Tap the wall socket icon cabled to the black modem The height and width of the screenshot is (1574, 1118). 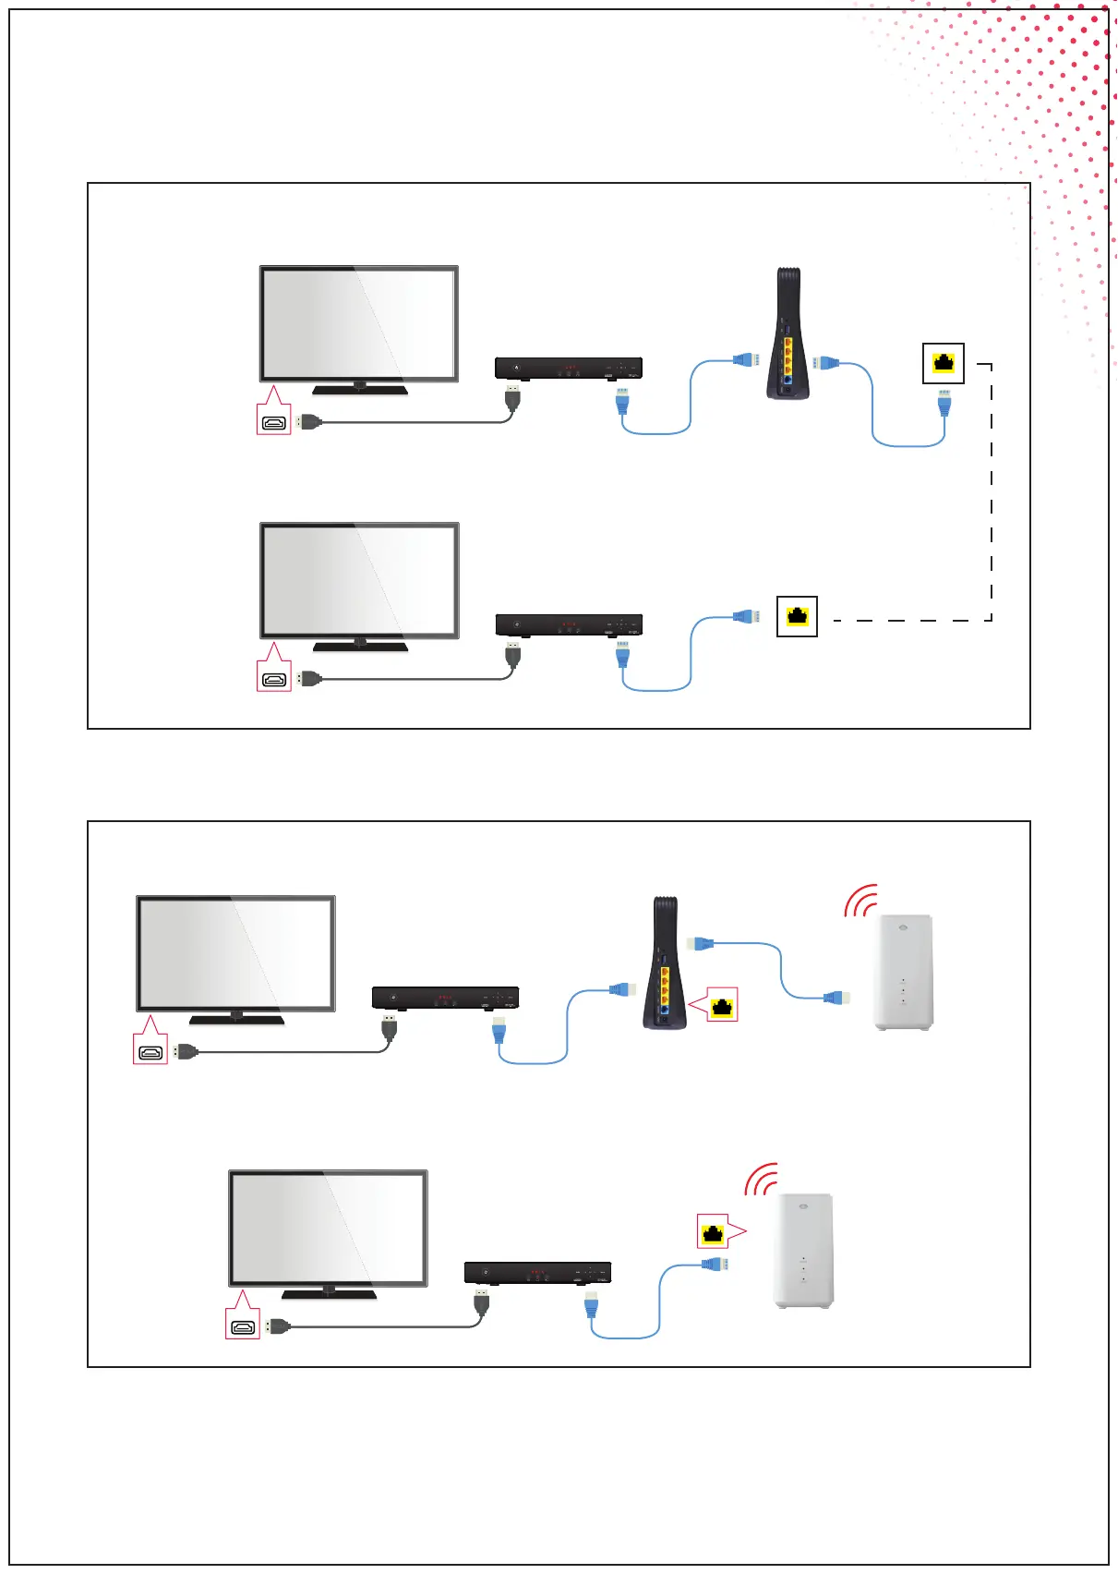pyautogui.click(x=944, y=363)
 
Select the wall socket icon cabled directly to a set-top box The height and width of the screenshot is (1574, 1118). pyautogui.click(x=797, y=616)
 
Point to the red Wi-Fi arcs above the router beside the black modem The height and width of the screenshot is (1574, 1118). pyautogui.click(x=860, y=902)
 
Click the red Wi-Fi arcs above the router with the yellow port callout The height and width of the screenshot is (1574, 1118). pyautogui.click(x=762, y=1180)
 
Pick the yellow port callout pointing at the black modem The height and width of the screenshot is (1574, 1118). pyautogui.click(x=722, y=1005)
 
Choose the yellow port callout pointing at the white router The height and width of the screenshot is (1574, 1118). pyautogui.click(x=713, y=1231)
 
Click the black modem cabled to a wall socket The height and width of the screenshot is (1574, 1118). pyautogui.click(x=787, y=334)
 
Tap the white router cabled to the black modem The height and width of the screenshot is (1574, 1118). pyautogui.click(x=903, y=972)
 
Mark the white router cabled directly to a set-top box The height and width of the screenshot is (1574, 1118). pyautogui.click(x=803, y=1251)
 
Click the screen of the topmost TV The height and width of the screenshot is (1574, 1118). pyautogui.click(x=359, y=323)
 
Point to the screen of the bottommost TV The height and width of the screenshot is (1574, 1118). pyautogui.click(x=328, y=1228)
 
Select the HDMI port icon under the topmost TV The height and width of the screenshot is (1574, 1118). pyautogui.click(x=274, y=423)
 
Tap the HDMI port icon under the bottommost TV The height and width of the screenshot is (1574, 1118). pyautogui.click(x=244, y=1327)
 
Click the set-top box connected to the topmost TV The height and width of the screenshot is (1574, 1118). pyautogui.click(x=568, y=369)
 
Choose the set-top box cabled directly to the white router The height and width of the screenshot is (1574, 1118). pyautogui.click(x=537, y=1273)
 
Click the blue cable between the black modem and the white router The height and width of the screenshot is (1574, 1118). pyautogui.click(x=781, y=969)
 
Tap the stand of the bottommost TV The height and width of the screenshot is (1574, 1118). pyautogui.click(x=329, y=1293)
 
